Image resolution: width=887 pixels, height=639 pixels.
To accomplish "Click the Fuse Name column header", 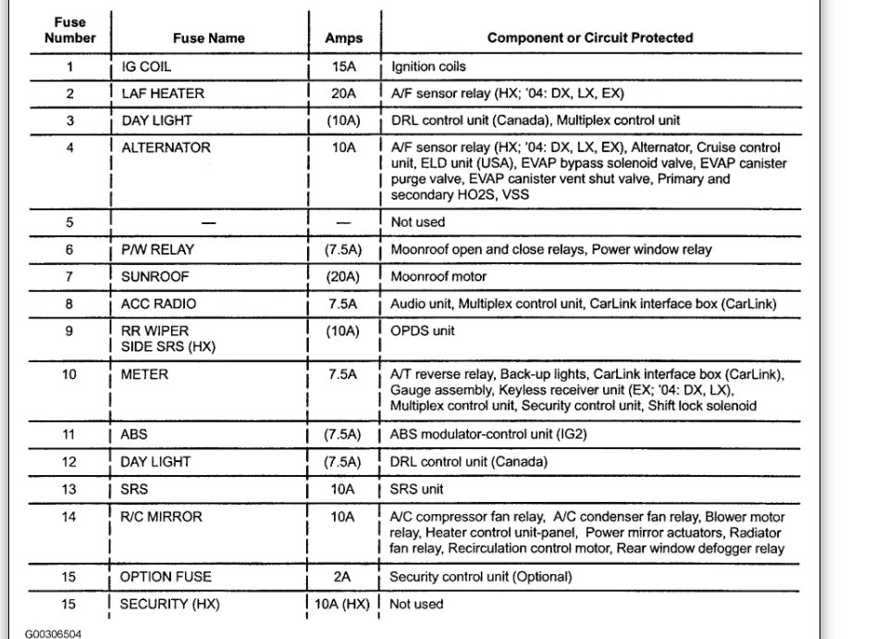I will pyautogui.click(x=208, y=38).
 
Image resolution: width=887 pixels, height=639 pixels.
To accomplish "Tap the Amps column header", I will pyautogui.click(x=343, y=38).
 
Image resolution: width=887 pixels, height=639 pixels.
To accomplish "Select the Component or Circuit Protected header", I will pyautogui.click(x=590, y=38).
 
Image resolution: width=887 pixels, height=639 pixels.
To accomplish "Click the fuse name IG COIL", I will pyautogui.click(x=146, y=67).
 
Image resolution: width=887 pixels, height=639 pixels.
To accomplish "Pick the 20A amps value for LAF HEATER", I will pyautogui.click(x=343, y=94).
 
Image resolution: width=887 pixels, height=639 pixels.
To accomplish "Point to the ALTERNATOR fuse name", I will pyautogui.click(x=166, y=147).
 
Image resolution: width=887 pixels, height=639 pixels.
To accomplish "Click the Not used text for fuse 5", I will pyautogui.click(x=417, y=222).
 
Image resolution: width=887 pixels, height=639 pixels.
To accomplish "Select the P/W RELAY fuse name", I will pyautogui.click(x=157, y=249).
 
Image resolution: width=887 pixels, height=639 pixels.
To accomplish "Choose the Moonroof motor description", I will pyautogui.click(x=438, y=276).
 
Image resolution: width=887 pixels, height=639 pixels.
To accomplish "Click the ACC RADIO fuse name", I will pyautogui.click(x=158, y=303).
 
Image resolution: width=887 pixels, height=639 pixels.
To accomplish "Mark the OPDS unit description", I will pyautogui.click(x=423, y=330).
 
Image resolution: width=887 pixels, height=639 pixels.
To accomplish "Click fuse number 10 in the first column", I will pyautogui.click(x=69, y=374).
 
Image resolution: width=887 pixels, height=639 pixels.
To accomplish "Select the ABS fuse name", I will pyautogui.click(x=134, y=433).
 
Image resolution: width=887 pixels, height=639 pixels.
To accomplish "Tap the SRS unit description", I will pyautogui.click(x=417, y=488).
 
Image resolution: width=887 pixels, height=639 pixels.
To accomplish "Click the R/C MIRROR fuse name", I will pyautogui.click(x=161, y=516).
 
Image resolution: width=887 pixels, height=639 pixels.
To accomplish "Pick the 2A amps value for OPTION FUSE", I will pyautogui.click(x=343, y=576).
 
